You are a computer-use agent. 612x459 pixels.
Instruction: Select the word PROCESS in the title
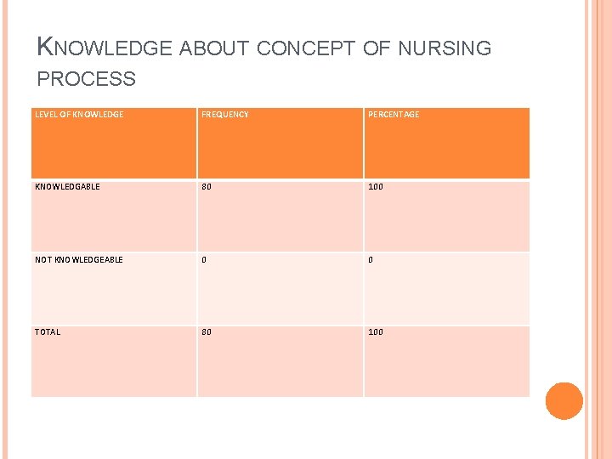[x=87, y=80]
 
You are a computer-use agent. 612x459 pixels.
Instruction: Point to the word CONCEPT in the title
[x=307, y=48]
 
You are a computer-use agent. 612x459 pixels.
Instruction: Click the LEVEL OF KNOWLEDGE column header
[x=79, y=115]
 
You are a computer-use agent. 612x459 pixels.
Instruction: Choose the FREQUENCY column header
[x=225, y=115]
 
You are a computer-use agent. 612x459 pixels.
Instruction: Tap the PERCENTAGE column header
[x=394, y=115]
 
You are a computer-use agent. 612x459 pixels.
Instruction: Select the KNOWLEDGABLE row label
[x=67, y=187]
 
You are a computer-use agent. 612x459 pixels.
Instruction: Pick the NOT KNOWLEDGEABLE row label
[x=79, y=260]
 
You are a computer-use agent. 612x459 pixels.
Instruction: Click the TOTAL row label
[x=48, y=332]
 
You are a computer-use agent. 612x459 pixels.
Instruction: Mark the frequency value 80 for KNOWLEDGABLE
[x=207, y=187]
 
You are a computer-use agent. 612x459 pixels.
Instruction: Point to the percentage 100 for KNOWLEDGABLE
[x=376, y=187]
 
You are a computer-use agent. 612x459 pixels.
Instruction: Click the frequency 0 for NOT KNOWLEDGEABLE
[x=204, y=260]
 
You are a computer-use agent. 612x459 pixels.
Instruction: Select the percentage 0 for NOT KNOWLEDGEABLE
[x=371, y=260]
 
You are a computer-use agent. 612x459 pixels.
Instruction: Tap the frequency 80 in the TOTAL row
[x=207, y=332]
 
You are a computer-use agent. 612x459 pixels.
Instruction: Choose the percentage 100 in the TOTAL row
[x=376, y=332]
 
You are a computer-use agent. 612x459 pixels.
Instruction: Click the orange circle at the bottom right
[x=564, y=401]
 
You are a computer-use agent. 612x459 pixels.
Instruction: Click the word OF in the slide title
[x=375, y=48]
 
